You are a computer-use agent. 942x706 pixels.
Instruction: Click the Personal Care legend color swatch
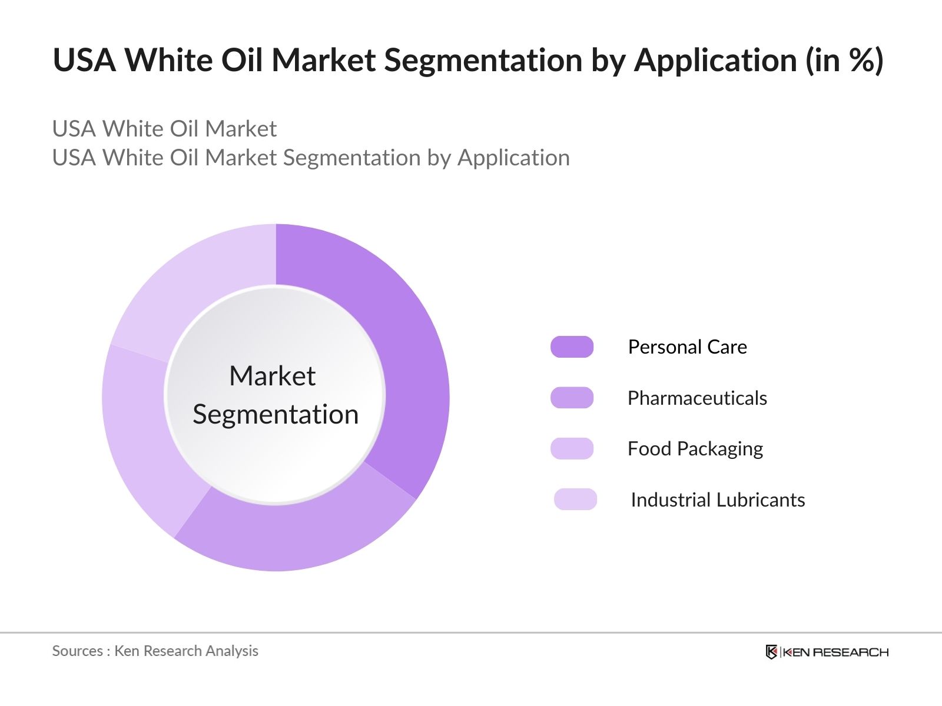572,347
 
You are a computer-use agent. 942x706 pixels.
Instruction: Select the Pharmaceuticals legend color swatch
572,398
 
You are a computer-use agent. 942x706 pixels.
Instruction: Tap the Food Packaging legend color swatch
572,449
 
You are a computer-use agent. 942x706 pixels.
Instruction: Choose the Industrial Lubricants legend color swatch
575,499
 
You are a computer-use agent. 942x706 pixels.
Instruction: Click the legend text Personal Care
687,347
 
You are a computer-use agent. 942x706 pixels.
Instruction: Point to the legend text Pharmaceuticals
697,398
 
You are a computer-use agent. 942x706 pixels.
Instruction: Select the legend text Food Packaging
695,449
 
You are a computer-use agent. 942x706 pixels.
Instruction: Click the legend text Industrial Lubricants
717,500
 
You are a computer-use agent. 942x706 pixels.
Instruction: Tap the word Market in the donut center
272,376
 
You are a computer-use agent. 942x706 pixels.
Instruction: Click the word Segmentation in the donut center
276,414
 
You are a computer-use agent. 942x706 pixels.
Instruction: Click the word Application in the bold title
715,61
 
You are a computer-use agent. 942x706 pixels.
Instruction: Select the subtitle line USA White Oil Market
164,129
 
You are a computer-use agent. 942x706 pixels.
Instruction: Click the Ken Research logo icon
771,652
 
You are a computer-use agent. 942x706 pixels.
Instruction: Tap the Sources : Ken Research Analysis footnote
155,651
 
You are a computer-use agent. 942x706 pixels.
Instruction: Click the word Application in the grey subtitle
513,158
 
